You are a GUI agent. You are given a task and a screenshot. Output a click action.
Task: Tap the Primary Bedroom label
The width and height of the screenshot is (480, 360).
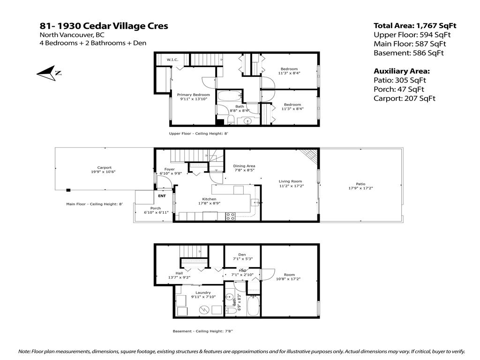194,95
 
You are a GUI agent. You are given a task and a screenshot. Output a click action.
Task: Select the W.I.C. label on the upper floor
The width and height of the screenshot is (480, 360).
172,60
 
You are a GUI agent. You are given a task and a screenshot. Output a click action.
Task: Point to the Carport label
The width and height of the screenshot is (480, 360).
104,167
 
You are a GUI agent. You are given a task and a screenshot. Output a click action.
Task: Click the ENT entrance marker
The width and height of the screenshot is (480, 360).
162,196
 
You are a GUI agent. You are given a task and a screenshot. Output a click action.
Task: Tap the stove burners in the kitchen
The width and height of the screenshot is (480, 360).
231,216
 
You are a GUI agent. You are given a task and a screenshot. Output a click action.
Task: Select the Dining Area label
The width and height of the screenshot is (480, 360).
244,166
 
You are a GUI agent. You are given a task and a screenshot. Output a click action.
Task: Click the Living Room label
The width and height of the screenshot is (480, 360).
290,181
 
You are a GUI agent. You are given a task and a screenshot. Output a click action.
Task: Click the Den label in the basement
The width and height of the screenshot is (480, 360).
242,255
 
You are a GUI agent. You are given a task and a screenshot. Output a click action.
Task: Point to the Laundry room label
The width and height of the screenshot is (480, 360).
203,292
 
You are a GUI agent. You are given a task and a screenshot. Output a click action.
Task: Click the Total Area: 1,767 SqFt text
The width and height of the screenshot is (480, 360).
414,26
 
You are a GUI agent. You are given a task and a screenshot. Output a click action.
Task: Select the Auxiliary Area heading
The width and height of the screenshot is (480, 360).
401,71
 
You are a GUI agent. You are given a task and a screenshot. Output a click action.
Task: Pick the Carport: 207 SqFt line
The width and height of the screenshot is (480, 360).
404,98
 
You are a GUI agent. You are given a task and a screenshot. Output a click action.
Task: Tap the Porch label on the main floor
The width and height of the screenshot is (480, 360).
155,208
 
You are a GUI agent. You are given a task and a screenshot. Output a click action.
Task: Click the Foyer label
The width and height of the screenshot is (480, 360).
169,169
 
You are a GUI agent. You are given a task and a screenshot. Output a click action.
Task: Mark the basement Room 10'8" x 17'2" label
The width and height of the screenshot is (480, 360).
289,275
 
